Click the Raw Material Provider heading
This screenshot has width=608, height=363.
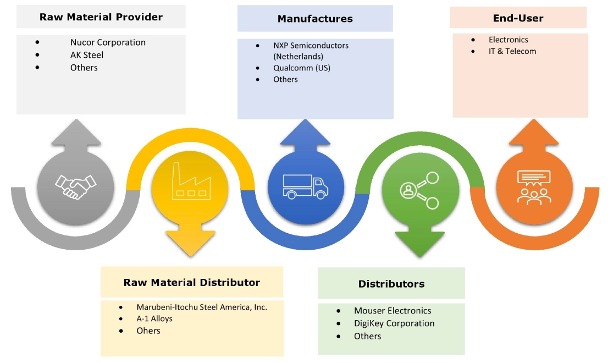[101, 17]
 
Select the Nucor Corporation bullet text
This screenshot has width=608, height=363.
[108, 42]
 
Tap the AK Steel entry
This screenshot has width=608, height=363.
[87, 55]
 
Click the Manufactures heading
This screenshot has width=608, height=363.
[315, 19]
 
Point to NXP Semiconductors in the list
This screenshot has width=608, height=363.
[311, 46]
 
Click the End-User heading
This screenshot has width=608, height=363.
[518, 18]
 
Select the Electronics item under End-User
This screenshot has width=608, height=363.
[508, 40]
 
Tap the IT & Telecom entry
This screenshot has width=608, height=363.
[512, 51]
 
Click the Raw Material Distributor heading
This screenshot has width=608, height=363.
[192, 283]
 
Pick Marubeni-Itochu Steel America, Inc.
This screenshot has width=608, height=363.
[202, 307]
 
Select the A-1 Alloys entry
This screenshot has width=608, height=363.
[154, 319]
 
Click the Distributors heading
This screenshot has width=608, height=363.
[391, 284]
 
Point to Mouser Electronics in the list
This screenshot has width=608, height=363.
[393, 311]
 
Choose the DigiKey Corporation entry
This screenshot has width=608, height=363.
[394, 323]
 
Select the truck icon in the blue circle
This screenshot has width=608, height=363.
[305, 186]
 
